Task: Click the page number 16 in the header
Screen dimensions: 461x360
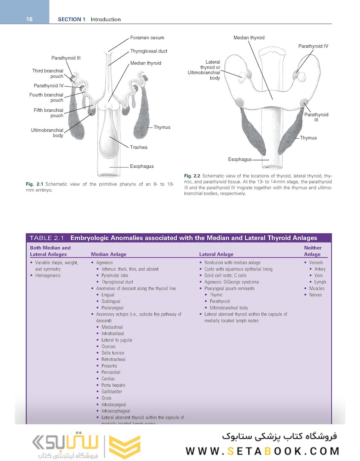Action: click(x=29, y=19)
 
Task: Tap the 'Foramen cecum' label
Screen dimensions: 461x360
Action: click(x=147, y=38)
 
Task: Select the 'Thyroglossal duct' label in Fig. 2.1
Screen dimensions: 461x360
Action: click(x=148, y=51)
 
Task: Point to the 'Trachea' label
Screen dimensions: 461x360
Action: click(x=139, y=147)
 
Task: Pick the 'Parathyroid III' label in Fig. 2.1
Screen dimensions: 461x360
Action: click(x=66, y=58)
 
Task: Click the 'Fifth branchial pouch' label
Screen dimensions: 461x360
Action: click(x=48, y=113)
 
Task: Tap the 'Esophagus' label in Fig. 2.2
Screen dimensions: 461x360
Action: click(x=240, y=159)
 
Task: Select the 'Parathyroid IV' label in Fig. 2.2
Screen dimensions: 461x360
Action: click(x=313, y=46)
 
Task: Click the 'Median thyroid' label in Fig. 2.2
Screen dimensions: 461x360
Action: click(x=249, y=38)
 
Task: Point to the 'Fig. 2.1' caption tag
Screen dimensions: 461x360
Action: click(x=35, y=184)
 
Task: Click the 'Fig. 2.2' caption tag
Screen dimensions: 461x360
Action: click(x=192, y=176)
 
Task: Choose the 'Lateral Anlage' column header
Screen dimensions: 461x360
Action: click(x=216, y=254)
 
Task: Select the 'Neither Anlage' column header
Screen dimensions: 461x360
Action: click(x=313, y=251)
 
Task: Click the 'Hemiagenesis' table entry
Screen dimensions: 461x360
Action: click(x=48, y=276)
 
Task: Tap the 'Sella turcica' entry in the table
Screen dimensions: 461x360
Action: click(x=113, y=353)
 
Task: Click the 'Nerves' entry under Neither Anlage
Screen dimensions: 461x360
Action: click(x=316, y=295)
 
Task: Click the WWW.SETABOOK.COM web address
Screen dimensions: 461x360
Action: click(x=262, y=451)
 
